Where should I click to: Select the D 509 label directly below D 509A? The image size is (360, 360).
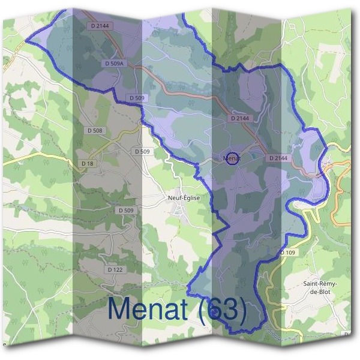tap(137, 97)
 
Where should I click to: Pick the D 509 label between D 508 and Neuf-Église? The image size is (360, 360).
tap(142, 151)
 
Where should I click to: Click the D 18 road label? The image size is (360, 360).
tap(88, 163)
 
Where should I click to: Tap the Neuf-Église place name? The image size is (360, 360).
tap(184, 197)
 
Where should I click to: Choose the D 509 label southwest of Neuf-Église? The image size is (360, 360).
tap(126, 210)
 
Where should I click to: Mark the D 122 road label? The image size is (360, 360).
tap(115, 270)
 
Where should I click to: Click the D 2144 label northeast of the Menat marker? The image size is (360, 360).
tap(239, 119)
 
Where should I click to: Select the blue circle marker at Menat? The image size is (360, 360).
tap(232, 157)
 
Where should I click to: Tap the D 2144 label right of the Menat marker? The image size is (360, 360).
tap(279, 158)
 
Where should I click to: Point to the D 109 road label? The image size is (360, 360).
tap(288, 253)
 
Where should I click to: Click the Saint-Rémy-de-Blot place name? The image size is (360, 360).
tap(320, 287)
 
